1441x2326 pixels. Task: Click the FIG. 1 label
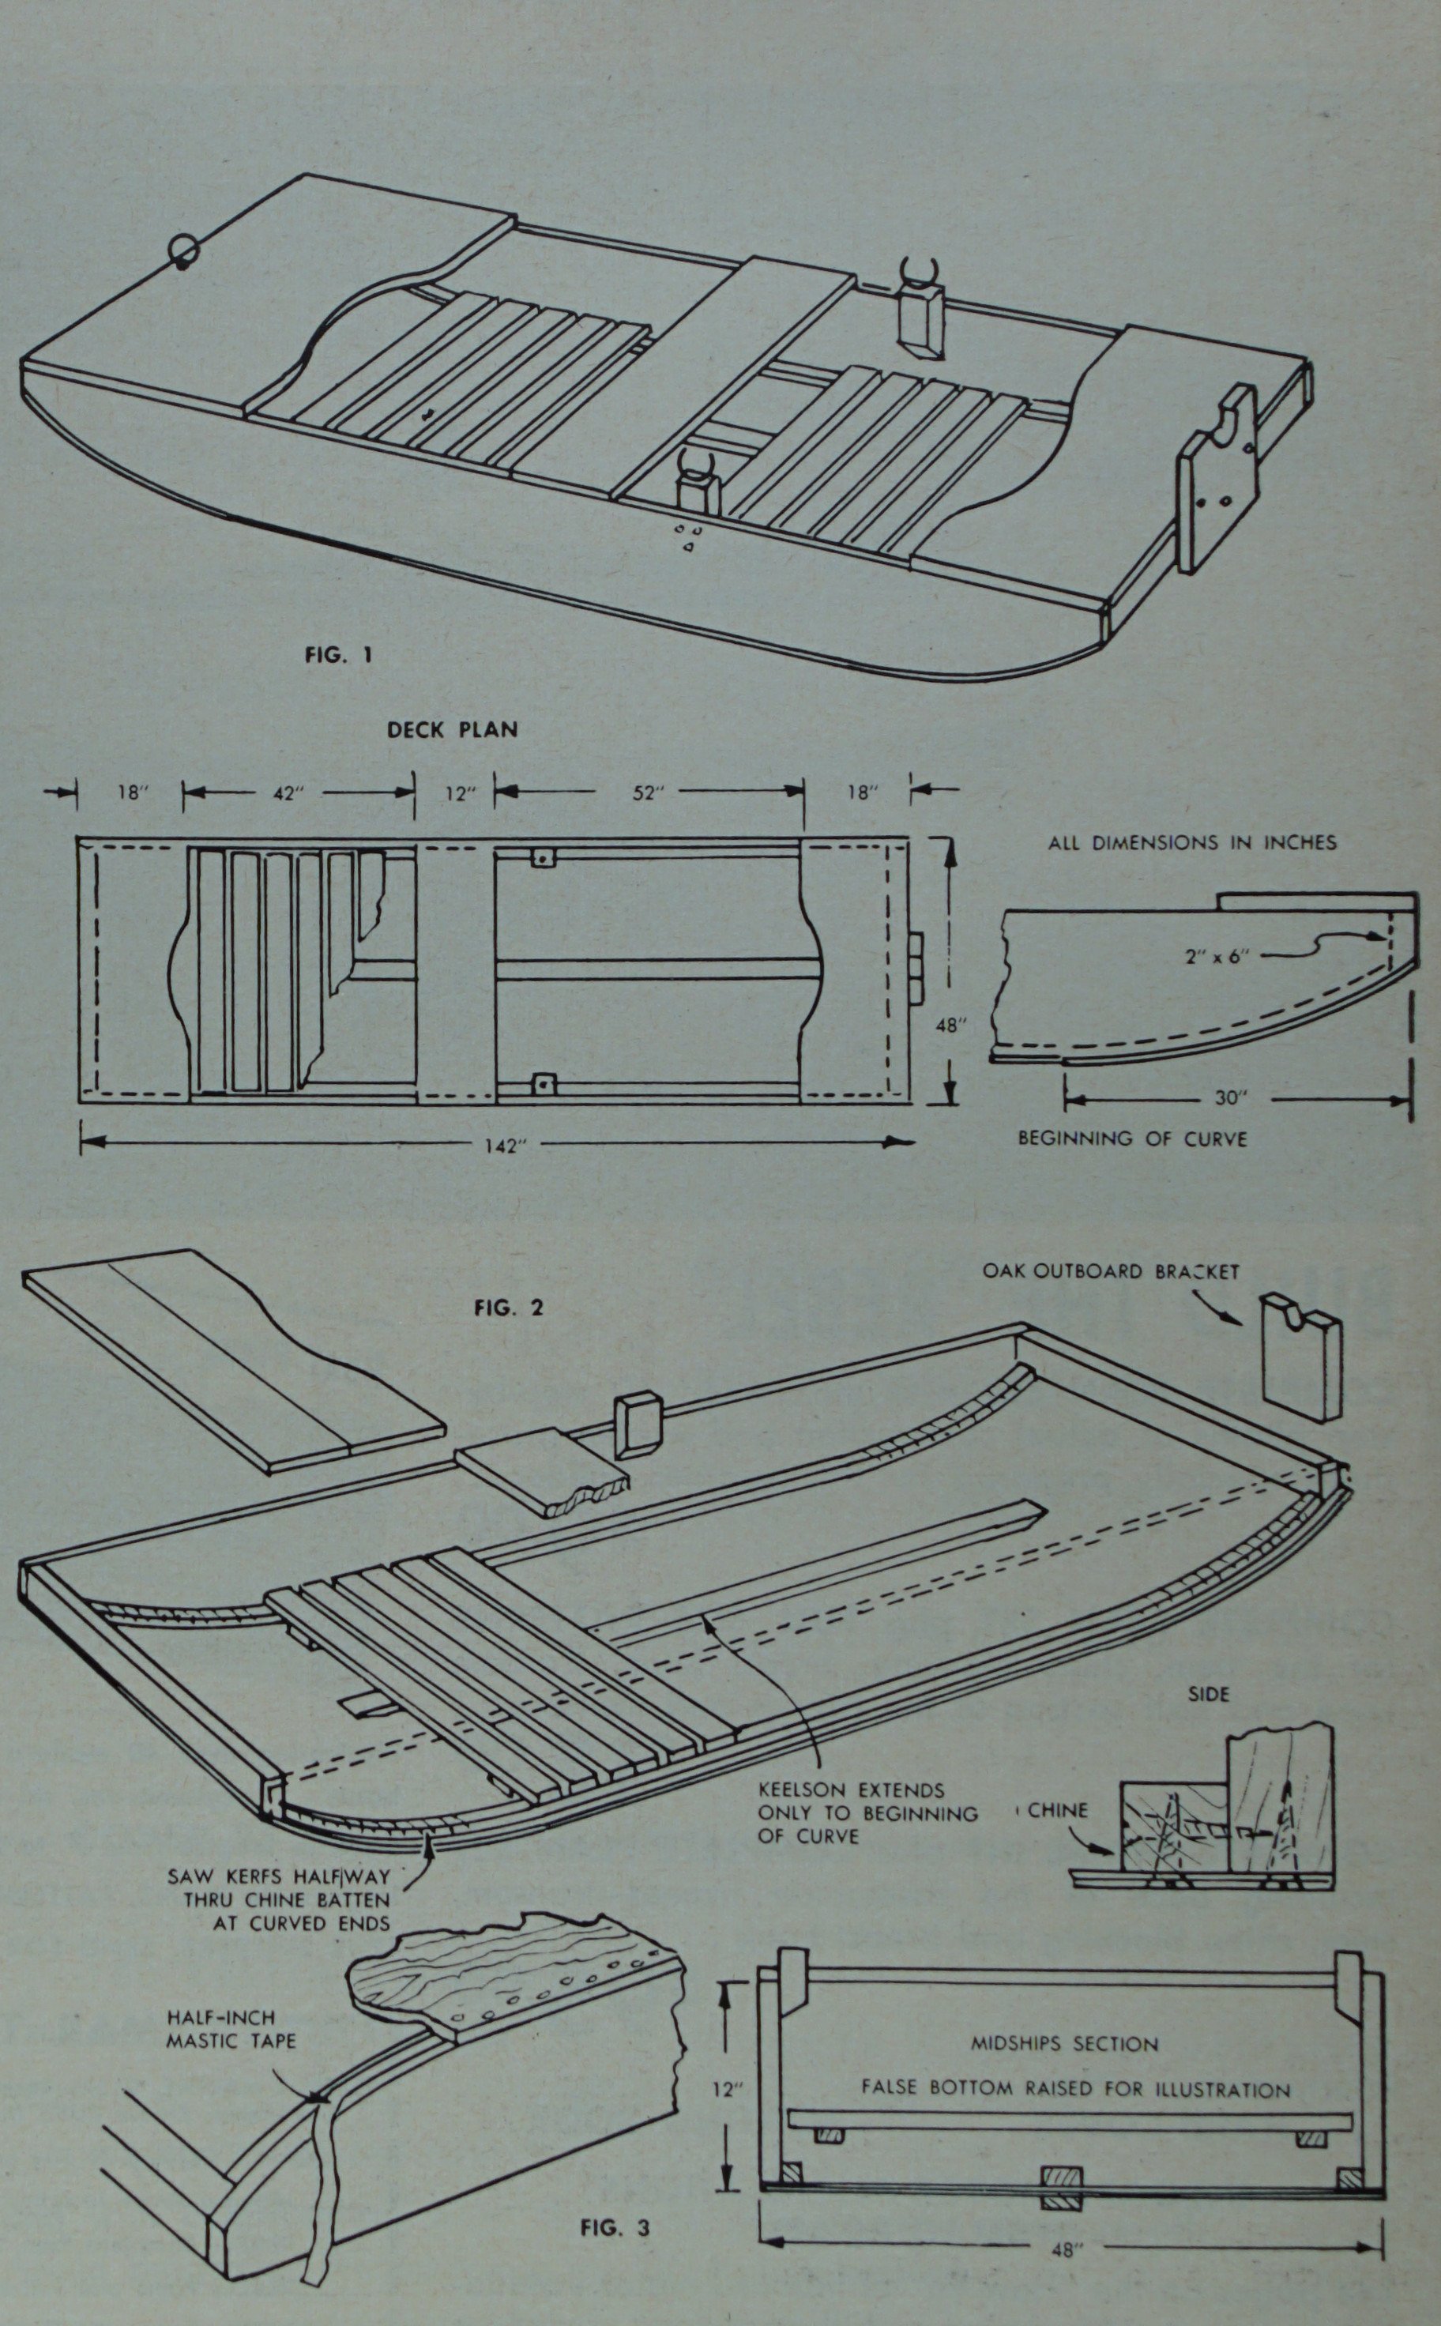338,655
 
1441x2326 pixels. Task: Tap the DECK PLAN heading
452,730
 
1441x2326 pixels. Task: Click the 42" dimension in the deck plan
286,792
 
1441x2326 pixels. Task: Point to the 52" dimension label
646,792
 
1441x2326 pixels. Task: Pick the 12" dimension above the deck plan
459,792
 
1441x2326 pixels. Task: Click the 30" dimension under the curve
1229,1097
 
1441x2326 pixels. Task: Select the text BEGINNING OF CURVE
1131,1138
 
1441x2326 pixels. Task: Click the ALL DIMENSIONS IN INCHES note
1192,842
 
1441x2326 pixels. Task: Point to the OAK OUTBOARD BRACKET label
1110,1271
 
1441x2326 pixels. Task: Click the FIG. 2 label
508,1308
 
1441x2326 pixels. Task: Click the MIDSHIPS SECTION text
1064,2043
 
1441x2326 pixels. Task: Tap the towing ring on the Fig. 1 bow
182,250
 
